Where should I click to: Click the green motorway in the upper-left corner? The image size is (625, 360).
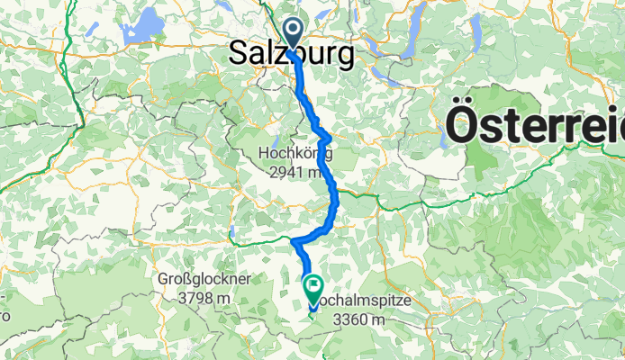coord(77,99)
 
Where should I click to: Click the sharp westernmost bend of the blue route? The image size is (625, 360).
coord(294,240)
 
